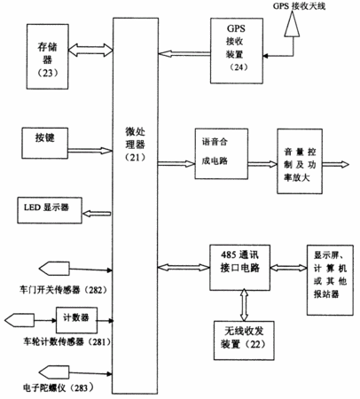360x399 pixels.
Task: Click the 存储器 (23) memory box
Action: point(48,57)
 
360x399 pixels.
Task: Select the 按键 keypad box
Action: point(45,144)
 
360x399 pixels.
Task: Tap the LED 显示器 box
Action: point(50,210)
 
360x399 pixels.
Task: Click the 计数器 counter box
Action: point(76,320)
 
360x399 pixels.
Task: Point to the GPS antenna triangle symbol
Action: point(292,25)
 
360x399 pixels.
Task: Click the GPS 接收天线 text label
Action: point(299,6)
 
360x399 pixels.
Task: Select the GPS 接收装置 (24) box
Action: point(237,51)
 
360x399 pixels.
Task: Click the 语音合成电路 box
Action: point(221,153)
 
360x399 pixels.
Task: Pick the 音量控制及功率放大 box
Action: point(300,161)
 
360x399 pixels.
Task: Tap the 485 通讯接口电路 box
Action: point(239,268)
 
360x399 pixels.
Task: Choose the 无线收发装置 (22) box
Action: point(244,340)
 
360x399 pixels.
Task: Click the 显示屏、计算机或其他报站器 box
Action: point(330,280)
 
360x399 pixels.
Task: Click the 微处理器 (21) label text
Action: point(135,145)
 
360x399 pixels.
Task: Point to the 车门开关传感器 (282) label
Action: point(63,290)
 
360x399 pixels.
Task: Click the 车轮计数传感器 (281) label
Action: point(67,342)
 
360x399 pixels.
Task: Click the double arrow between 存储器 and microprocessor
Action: point(90,50)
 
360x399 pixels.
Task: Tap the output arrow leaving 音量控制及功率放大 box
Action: point(335,164)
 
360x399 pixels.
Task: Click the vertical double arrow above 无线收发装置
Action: point(244,304)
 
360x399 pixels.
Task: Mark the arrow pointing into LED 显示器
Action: point(97,214)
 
